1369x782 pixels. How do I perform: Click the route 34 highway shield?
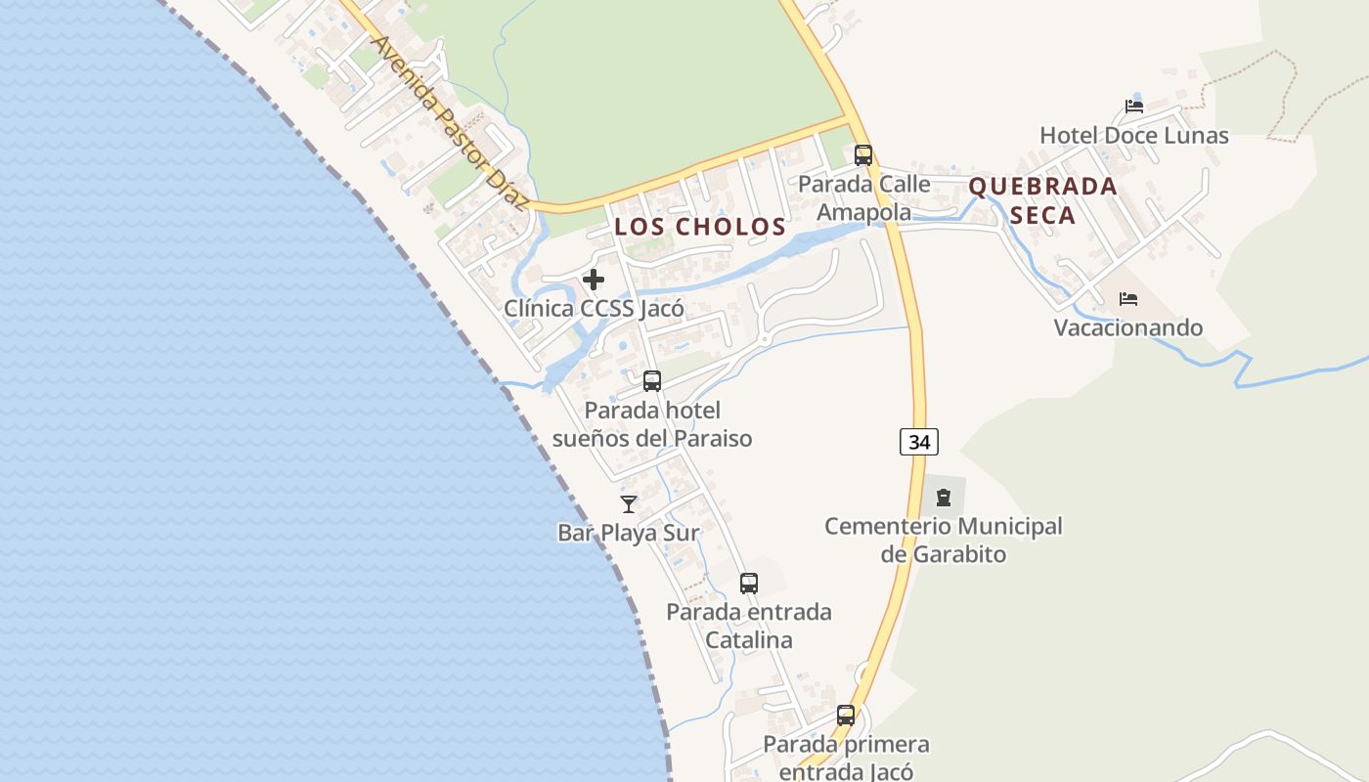click(919, 442)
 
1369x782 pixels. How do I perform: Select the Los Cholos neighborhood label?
click(700, 227)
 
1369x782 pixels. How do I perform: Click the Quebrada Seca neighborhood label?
click(1042, 200)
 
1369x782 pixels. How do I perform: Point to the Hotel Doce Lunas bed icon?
click(1134, 107)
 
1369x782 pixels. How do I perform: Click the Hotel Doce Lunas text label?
click(1134, 135)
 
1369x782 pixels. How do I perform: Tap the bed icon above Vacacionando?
click(1128, 298)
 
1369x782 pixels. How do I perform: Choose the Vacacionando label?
click(1128, 327)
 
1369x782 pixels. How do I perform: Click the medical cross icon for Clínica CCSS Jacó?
click(594, 280)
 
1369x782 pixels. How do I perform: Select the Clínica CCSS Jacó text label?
click(594, 308)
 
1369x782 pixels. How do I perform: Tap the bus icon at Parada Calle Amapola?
click(863, 154)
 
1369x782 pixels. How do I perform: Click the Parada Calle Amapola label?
click(864, 197)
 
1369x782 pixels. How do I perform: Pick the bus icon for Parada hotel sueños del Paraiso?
click(652, 381)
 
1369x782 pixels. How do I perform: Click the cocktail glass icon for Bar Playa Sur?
click(629, 504)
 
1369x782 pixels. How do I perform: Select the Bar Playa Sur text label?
click(629, 533)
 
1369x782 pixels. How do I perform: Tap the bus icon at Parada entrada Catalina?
click(749, 584)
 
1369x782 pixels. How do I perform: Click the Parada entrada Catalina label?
click(749, 626)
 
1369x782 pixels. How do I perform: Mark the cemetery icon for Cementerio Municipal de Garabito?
click(944, 498)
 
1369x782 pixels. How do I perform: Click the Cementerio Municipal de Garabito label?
click(944, 540)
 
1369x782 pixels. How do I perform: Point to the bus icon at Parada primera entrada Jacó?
click(846, 716)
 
